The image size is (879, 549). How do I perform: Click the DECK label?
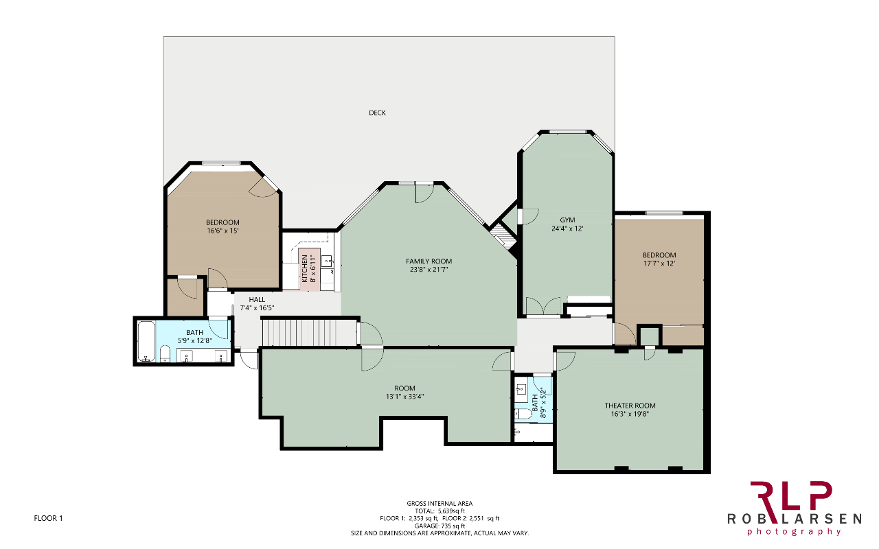coord(377,113)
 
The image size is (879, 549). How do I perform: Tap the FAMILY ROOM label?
coord(429,261)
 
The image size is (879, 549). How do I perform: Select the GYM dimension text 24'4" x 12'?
coord(567,229)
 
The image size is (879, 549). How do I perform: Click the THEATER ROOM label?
coord(630,406)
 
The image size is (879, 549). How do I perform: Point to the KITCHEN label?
coord(305,268)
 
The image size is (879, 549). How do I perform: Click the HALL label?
coord(257,300)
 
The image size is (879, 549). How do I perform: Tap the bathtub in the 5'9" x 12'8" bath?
coord(146,342)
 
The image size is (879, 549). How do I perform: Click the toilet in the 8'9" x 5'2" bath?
coord(523,414)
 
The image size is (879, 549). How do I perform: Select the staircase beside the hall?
coord(309,333)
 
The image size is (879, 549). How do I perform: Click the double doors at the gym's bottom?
coord(543,306)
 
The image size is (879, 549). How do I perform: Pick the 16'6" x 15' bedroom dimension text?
coord(223,231)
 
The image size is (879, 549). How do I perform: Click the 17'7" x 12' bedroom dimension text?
coord(659,264)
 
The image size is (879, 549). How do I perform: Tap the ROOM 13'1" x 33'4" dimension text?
coord(404,397)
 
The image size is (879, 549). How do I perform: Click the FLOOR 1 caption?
coord(48,518)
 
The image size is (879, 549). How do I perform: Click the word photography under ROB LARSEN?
coord(795,532)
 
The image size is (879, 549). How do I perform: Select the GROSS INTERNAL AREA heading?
coord(439,504)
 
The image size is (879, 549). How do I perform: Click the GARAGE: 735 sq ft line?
coord(439,526)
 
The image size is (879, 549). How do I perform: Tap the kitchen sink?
coord(326,261)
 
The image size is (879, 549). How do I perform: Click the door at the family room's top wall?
coord(424,193)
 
